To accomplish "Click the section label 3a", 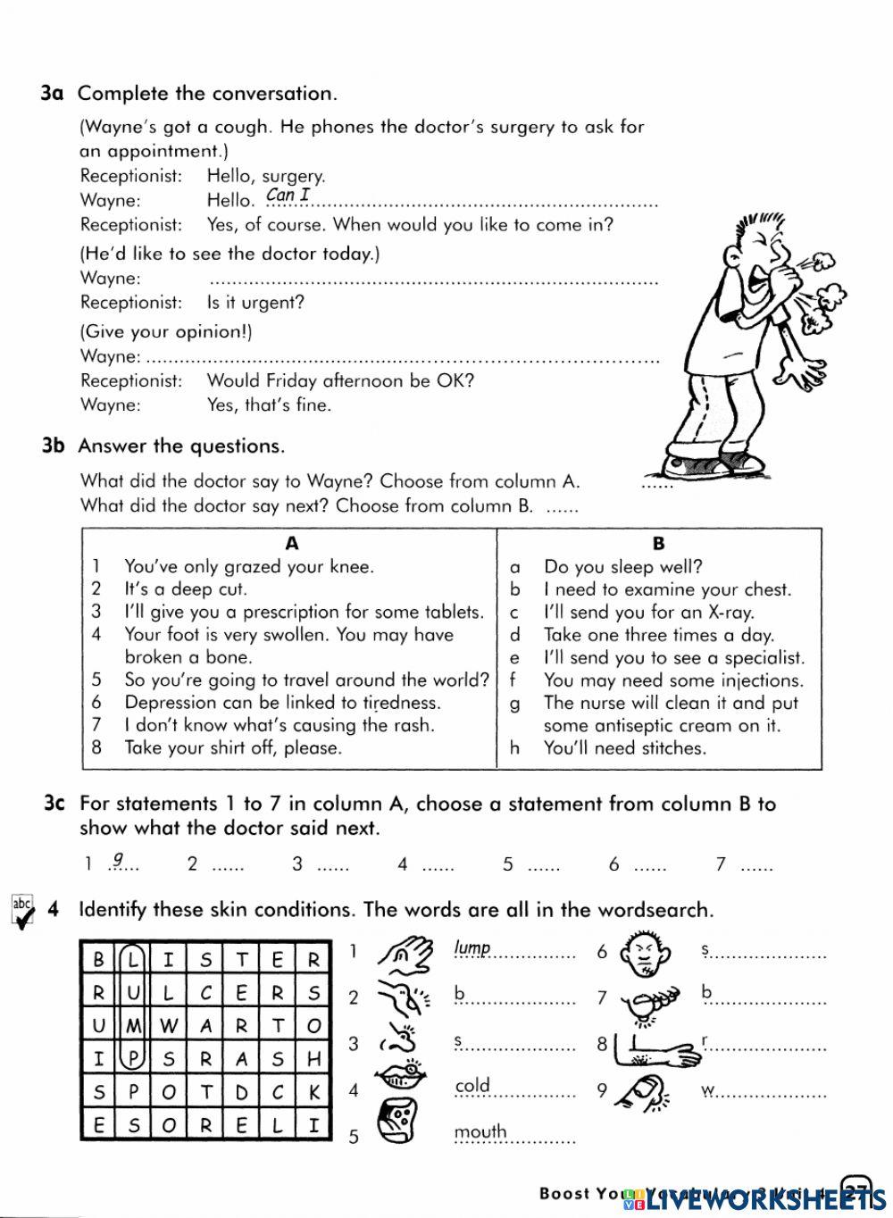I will tap(52, 93).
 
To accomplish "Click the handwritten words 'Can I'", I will tap(288, 195).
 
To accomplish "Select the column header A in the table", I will tap(292, 543).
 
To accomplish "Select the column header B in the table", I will tap(659, 543).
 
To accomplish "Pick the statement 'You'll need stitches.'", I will tap(624, 748).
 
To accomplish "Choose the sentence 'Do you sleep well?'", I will tap(622, 566).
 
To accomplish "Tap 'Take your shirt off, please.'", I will tap(233, 748).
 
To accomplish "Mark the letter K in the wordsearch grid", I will tap(313, 1091).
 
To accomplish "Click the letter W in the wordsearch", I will tap(168, 1026).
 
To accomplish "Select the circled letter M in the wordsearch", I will tap(133, 1026).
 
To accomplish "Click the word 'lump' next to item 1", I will tap(472, 948).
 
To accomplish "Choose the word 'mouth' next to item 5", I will tap(480, 1132).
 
